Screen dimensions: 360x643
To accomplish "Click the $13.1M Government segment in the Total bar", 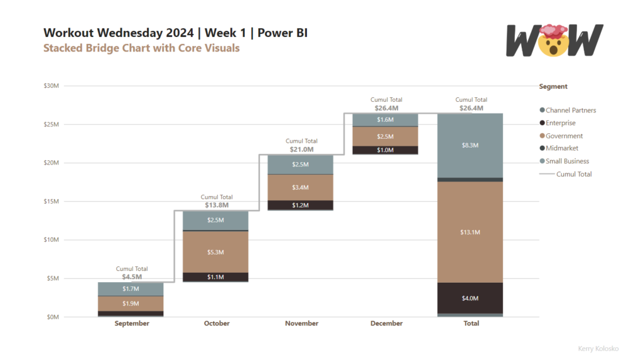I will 470,232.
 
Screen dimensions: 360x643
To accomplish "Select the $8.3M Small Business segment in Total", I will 470,145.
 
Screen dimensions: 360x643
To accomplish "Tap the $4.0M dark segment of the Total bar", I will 470,298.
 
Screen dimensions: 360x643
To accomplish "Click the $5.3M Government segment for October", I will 215,252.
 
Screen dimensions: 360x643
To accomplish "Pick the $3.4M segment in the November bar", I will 300,187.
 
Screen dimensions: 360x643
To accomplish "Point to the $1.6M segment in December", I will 385,120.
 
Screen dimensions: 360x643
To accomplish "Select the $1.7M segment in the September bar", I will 131,289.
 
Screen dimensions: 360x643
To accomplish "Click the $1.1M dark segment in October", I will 215,276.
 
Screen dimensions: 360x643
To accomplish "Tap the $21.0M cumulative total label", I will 301,150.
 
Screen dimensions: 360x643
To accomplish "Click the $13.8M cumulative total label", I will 217,205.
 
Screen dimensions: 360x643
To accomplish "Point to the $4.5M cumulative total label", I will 132,276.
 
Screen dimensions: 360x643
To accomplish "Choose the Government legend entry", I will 563,136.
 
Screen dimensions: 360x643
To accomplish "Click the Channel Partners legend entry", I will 570,111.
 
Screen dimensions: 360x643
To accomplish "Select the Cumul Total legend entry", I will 573,174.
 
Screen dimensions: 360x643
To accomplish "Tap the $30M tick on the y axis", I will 51,86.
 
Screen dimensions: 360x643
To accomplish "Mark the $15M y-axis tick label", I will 51,202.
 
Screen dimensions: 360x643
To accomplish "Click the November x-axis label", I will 301,324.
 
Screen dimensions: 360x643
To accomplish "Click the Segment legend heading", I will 553,87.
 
